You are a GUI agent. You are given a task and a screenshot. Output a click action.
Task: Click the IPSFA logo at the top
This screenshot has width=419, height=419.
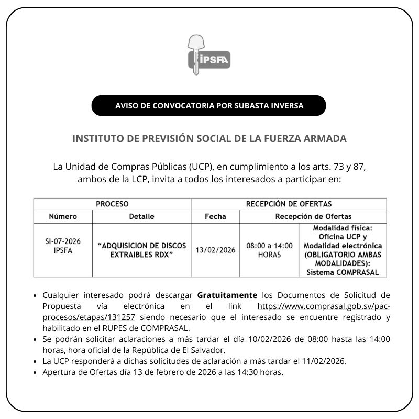pyautogui.click(x=208, y=54)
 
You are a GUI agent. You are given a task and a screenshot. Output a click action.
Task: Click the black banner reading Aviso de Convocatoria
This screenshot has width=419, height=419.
pyautogui.click(x=209, y=105)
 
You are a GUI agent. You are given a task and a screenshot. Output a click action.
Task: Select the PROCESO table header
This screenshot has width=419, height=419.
pyautogui.click(x=112, y=204)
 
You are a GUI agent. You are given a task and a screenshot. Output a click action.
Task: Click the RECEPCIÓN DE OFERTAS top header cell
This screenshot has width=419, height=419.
pyautogui.click(x=289, y=204)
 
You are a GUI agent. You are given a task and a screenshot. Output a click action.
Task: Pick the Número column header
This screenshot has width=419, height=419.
pyautogui.click(x=63, y=216)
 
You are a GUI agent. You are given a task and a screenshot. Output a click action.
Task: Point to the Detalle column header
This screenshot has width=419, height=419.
pyautogui.click(x=141, y=216)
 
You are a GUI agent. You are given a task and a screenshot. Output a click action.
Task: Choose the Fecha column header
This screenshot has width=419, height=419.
pyautogui.click(x=215, y=216)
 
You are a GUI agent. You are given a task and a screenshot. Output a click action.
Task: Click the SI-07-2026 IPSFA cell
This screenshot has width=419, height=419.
pyautogui.click(x=63, y=246)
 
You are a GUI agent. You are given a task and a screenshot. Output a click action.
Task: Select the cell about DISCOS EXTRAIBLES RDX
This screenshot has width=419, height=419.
pyautogui.click(x=141, y=249)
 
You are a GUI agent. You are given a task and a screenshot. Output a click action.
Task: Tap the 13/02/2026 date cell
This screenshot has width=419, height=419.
pyautogui.click(x=215, y=250)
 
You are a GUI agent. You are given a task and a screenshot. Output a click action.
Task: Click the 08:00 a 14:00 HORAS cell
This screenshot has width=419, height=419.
pyautogui.click(x=269, y=250)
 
